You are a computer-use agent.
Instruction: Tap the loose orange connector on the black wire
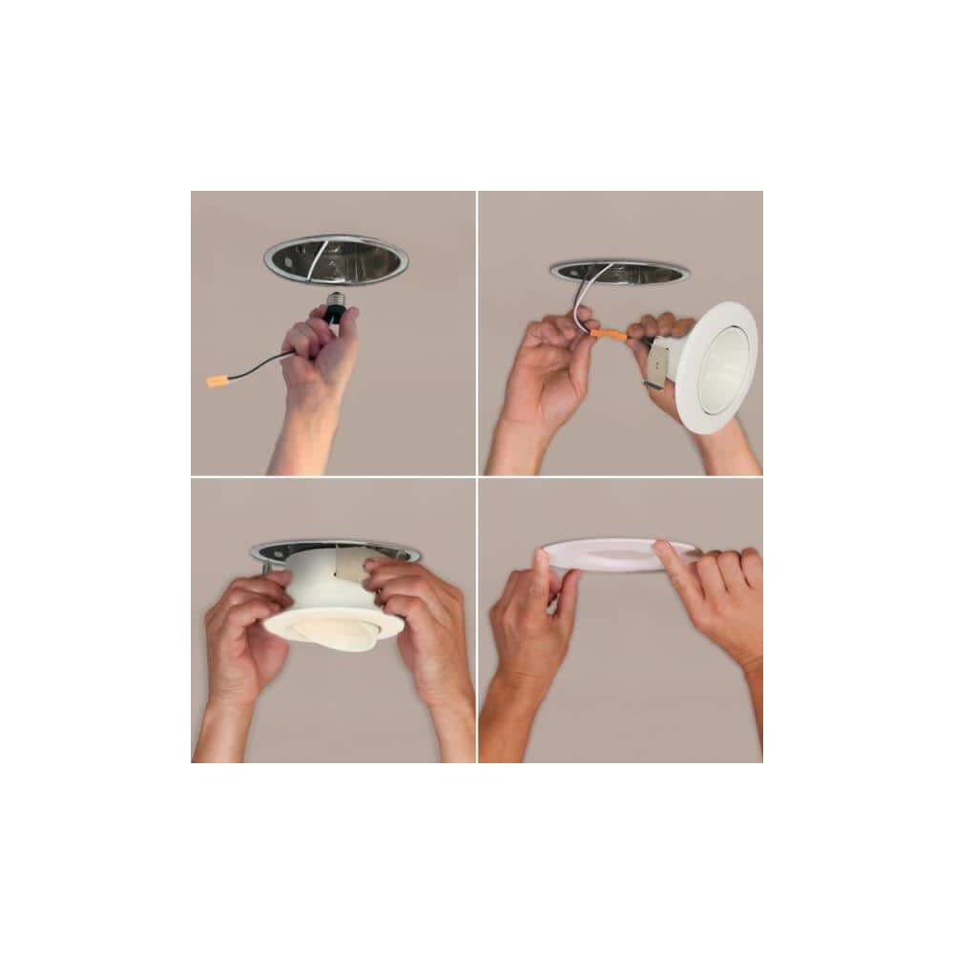click(x=218, y=381)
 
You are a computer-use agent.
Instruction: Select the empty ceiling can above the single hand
click(x=336, y=259)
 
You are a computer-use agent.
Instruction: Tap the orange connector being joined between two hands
click(x=608, y=335)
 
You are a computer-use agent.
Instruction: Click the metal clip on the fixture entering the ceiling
click(x=349, y=571)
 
